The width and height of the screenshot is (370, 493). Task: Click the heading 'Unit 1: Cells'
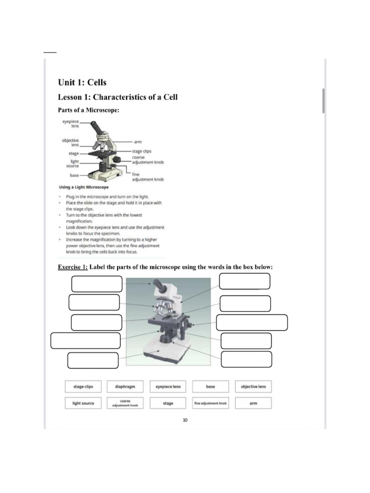coord(82,82)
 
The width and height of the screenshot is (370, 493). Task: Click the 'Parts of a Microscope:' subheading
coord(88,110)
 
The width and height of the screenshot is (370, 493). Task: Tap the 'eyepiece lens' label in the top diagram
coord(71,124)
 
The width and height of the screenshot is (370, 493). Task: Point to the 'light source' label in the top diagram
coord(74,164)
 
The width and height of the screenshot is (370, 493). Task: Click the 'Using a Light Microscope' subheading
coord(83,187)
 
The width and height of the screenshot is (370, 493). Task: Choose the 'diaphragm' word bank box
coord(125,387)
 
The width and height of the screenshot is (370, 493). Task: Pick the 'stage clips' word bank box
coord(83,387)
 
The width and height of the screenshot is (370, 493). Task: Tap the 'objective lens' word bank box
coord(253,387)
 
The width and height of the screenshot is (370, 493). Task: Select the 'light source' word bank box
coord(83,403)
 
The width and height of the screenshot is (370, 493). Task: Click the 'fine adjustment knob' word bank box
coord(211,403)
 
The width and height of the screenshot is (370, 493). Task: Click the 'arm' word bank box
coord(253,403)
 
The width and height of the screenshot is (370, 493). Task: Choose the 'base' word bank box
coord(211,387)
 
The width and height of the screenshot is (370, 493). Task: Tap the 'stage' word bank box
coord(168,403)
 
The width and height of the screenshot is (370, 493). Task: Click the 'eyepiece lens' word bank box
coord(168,387)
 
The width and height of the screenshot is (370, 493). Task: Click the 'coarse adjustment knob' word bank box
coord(125,403)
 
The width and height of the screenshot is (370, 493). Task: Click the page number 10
coord(185,420)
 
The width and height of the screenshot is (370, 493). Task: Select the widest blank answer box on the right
coord(252,323)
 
